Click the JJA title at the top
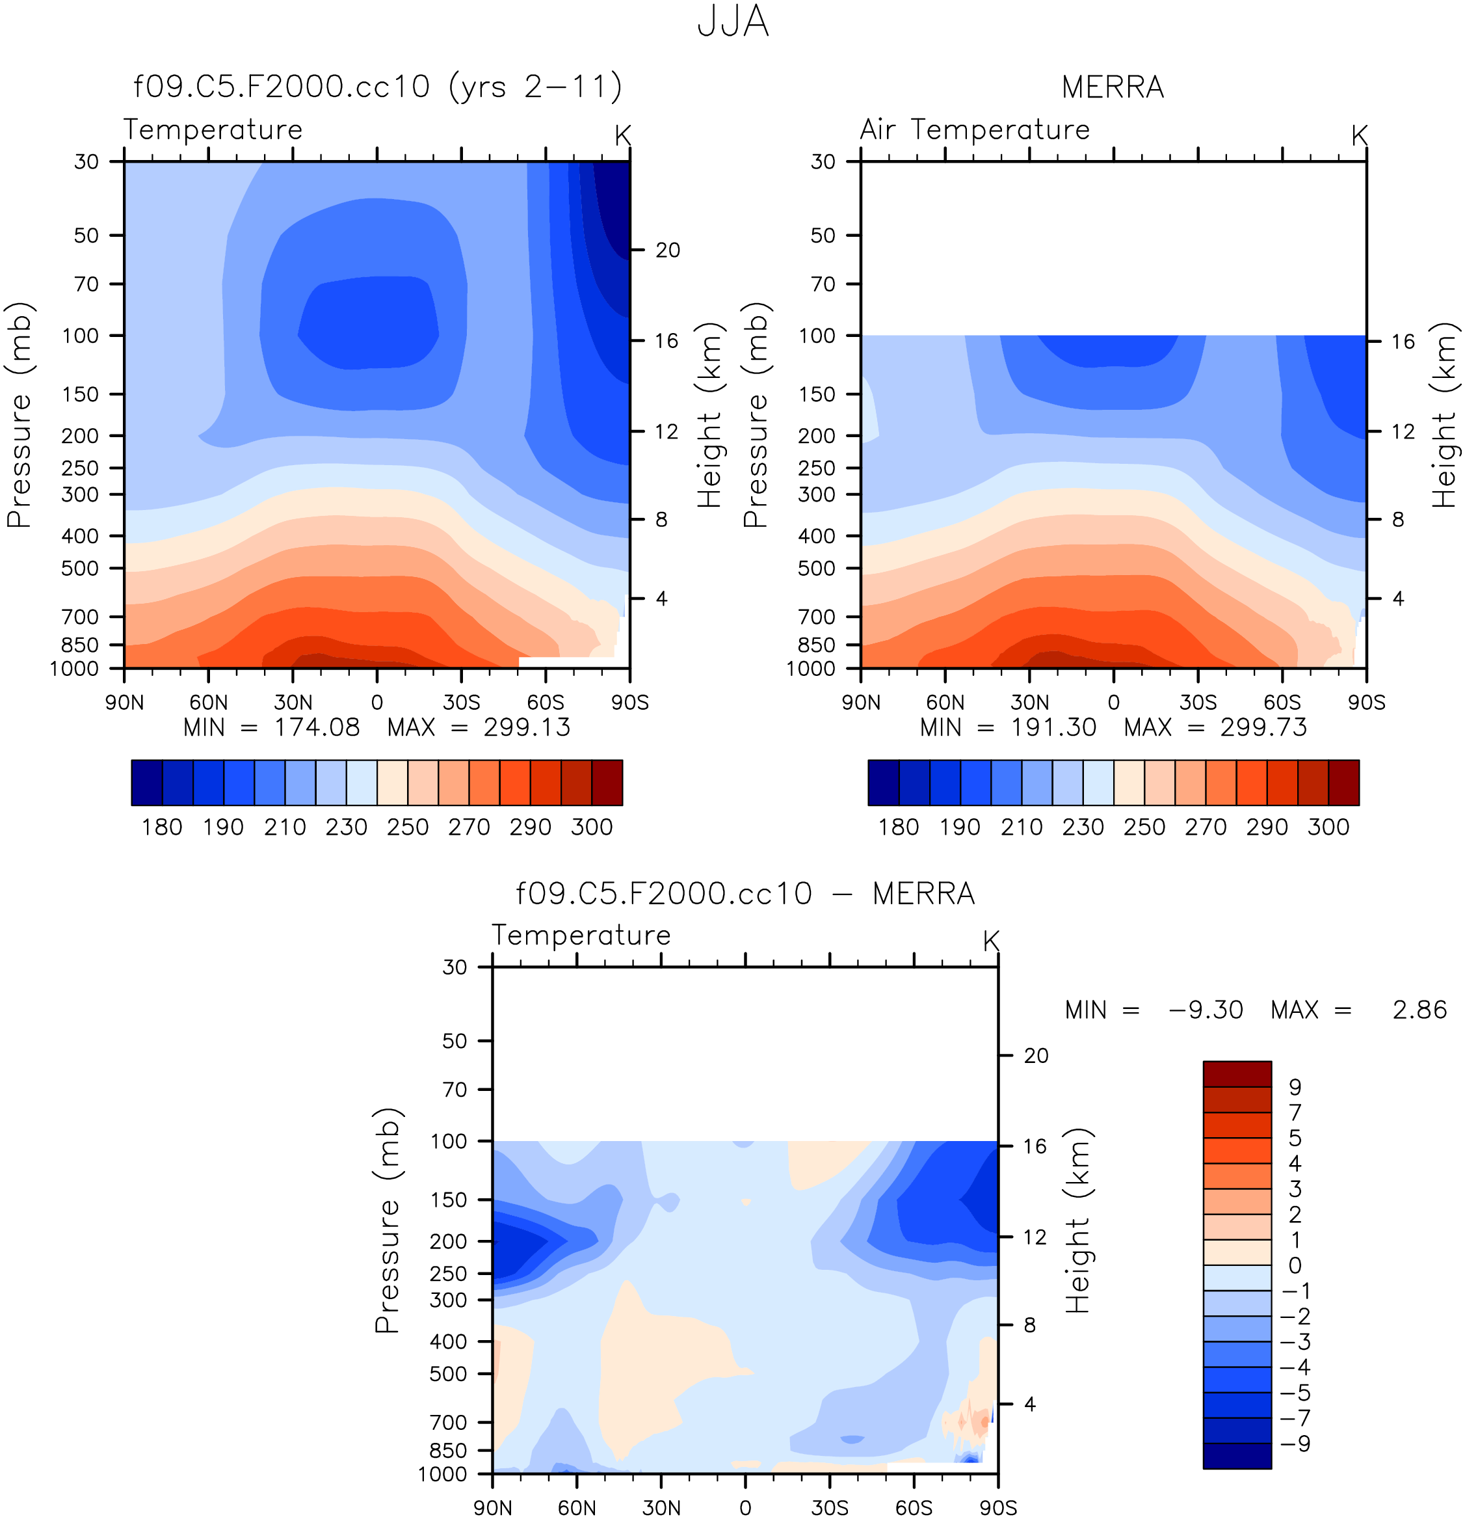pos(732,21)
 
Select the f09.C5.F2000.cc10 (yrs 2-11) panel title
pos(377,87)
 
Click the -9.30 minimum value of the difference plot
pos(1206,1010)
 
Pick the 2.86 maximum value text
pos(1419,1010)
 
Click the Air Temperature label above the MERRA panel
pos(975,129)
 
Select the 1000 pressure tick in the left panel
pos(74,669)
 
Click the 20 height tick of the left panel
pos(667,250)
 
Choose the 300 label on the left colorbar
pos(592,827)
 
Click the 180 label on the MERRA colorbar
pos(899,827)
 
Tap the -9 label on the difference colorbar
pos(1295,1444)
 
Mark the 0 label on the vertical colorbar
pos(1295,1265)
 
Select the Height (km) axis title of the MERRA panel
pos(1444,416)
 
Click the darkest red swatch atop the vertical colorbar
pos(1237,1074)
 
